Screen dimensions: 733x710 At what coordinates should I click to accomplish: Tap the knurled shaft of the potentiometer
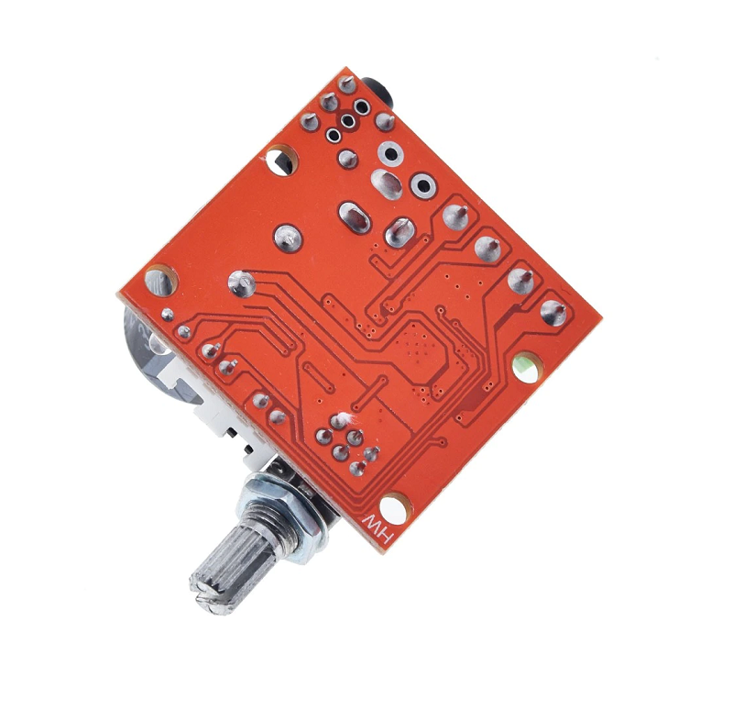[224, 569]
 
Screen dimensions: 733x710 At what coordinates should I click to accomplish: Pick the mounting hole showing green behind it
[526, 366]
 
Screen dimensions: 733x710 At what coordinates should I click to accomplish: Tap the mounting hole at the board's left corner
[161, 281]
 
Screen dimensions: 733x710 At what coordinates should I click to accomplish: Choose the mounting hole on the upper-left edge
[281, 160]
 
